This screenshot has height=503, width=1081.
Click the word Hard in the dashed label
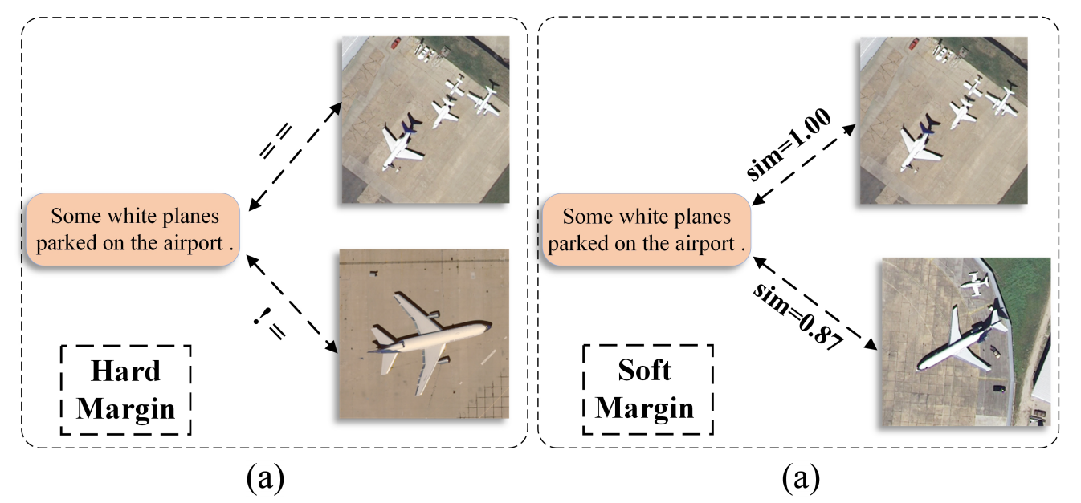click(x=125, y=371)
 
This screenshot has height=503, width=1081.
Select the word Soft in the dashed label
click(x=645, y=370)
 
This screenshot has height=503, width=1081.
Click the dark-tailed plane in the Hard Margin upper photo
click(x=399, y=144)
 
